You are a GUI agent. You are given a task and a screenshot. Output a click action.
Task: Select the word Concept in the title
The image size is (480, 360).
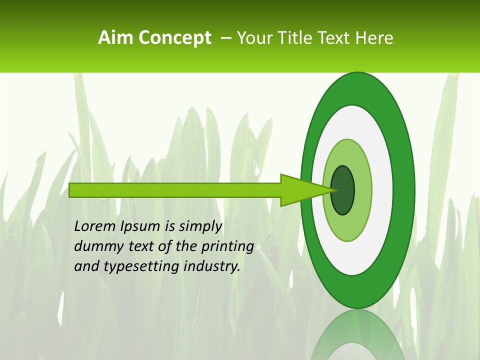point(174,38)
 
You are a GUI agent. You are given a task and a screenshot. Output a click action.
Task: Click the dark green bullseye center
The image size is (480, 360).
point(343,190)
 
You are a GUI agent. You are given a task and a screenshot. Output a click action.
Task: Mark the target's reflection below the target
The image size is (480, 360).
point(357,335)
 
